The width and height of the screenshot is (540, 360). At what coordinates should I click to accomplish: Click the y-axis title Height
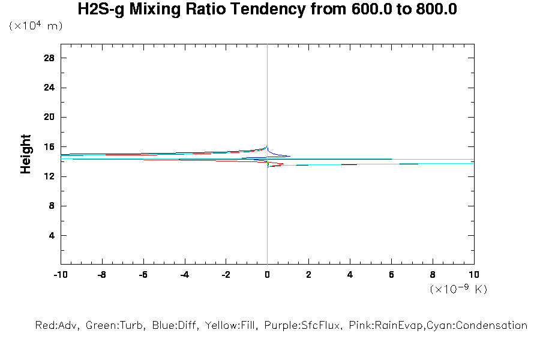[x=26, y=154]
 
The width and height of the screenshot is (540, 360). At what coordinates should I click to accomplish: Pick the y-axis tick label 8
[x=52, y=206]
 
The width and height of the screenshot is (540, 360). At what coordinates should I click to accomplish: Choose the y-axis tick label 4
[x=52, y=235]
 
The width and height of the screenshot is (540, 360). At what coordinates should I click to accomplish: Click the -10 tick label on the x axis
[x=60, y=274]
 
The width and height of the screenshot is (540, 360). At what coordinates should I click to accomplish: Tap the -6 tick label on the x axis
[x=143, y=274]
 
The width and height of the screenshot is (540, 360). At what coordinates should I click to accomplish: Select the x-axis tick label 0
[x=267, y=274]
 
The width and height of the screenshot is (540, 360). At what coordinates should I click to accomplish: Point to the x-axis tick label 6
[x=391, y=274]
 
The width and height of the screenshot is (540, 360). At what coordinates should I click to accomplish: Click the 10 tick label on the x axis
[x=473, y=274]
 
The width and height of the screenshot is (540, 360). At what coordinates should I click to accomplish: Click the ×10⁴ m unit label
[x=36, y=26]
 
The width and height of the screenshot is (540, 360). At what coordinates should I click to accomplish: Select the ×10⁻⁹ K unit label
[x=458, y=289]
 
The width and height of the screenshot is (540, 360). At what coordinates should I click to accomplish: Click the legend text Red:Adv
[x=58, y=326]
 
